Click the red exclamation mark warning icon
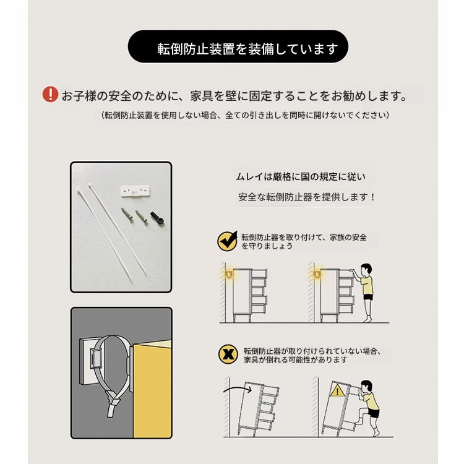50,95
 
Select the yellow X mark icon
228,354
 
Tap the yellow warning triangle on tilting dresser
338,391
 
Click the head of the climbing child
366,388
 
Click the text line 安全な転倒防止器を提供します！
307,197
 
